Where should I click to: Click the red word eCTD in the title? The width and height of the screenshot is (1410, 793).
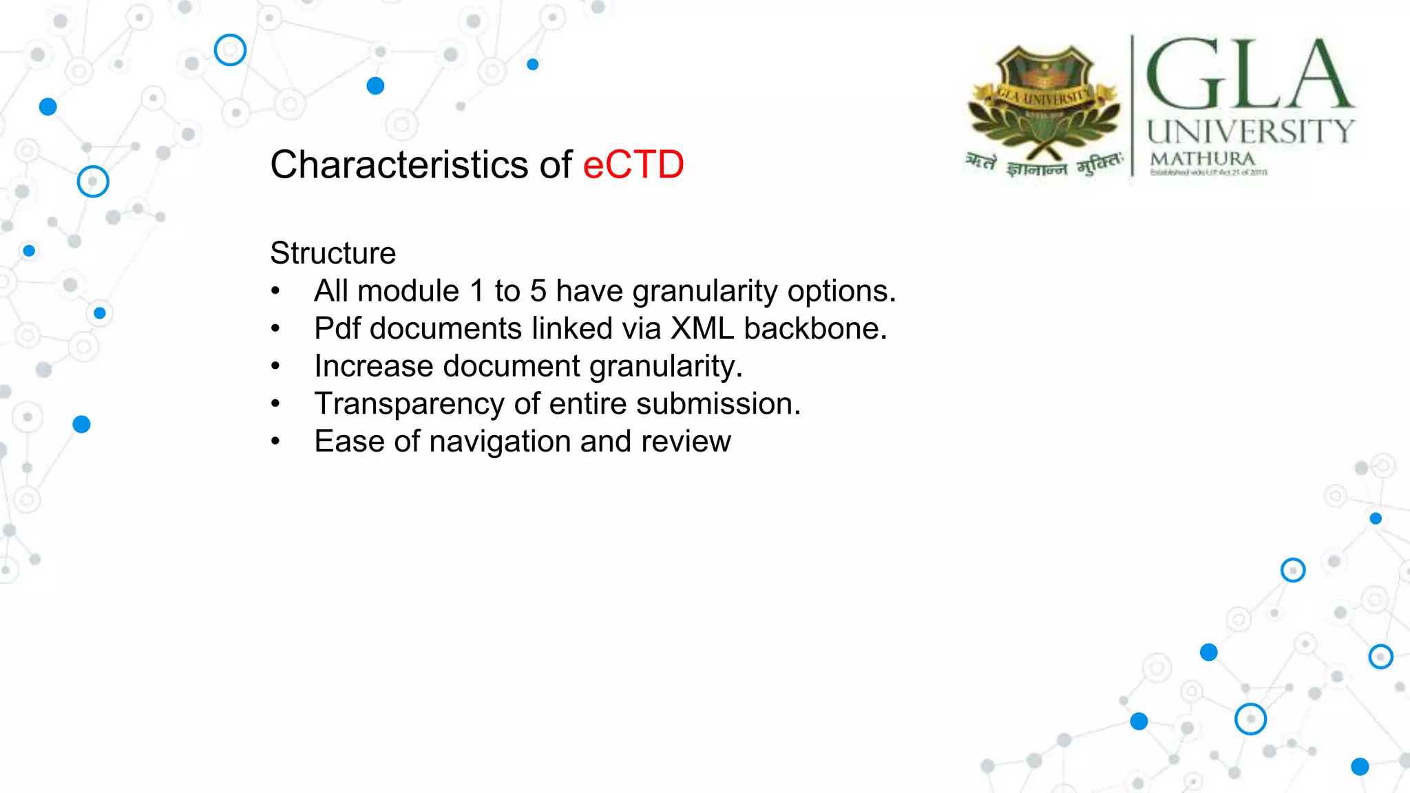pos(633,165)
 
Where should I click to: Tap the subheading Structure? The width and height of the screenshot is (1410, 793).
pos(333,253)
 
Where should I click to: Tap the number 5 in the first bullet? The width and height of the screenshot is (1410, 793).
pos(538,291)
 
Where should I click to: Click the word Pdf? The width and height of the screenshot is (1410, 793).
pos(337,328)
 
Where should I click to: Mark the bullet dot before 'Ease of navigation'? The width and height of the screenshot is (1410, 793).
pos(275,441)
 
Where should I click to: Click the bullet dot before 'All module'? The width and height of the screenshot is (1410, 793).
pos(275,291)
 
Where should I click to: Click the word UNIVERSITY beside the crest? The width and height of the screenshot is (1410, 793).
pos(1250,131)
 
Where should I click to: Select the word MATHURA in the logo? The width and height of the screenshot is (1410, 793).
pos(1202,159)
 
